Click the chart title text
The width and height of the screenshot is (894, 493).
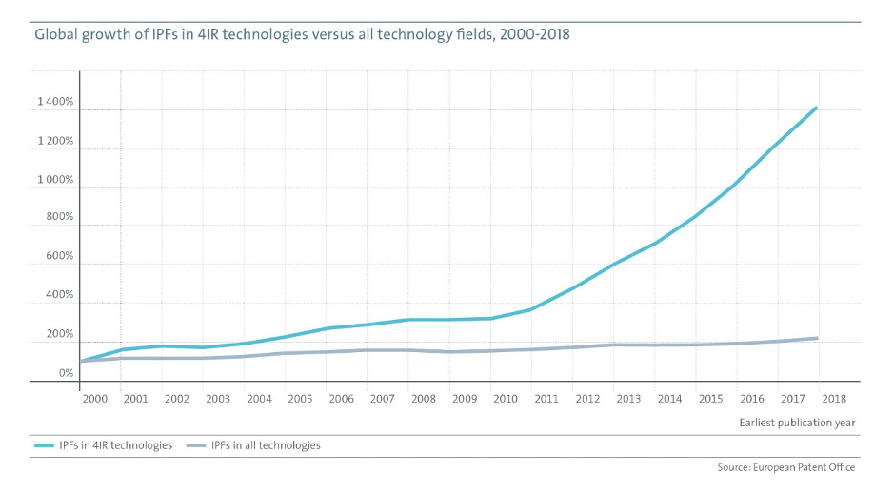coord(303,34)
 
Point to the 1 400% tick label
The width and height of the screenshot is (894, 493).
coord(54,102)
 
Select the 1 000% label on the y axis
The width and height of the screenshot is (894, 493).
coord(54,180)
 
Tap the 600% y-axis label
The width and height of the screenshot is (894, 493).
coord(60,257)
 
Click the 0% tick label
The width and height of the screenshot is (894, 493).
coord(65,373)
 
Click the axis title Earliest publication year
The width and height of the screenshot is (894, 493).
coord(797,422)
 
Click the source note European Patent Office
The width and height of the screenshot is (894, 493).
coord(786,467)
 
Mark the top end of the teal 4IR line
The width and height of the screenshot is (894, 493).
coord(817,108)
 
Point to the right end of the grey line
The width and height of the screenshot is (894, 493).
coord(817,338)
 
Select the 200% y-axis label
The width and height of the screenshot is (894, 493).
coord(60,334)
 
